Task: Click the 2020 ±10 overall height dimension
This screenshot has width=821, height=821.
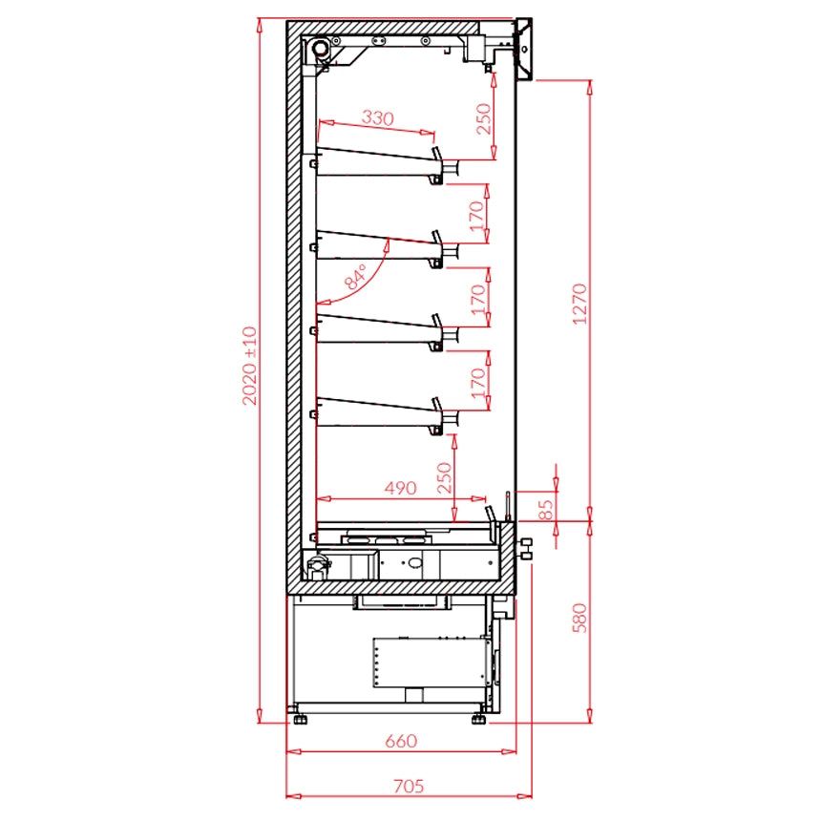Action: pos(250,366)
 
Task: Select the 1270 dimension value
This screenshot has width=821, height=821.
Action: pos(579,304)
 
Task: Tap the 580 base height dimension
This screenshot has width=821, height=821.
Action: pos(579,618)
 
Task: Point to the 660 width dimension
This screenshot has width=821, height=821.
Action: pos(401,741)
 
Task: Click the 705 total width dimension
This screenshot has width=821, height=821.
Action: pos(409,786)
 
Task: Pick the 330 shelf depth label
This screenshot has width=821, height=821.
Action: pos(377,117)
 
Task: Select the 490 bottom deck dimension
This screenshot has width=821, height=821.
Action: pos(401,488)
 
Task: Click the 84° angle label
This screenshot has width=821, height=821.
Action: pos(355,277)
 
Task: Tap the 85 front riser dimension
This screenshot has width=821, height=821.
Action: pos(545,510)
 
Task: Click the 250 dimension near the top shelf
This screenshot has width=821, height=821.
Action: pos(484,119)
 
